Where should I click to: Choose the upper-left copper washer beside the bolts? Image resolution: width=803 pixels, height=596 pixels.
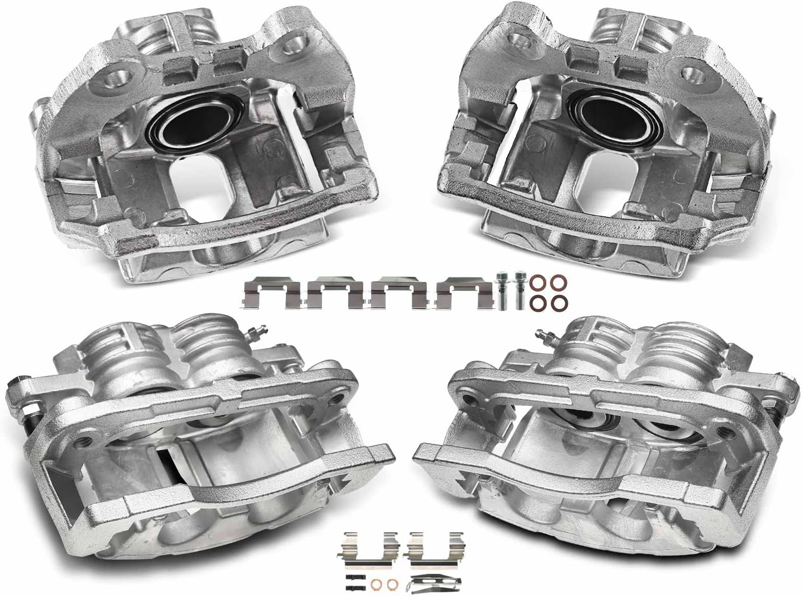539,283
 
